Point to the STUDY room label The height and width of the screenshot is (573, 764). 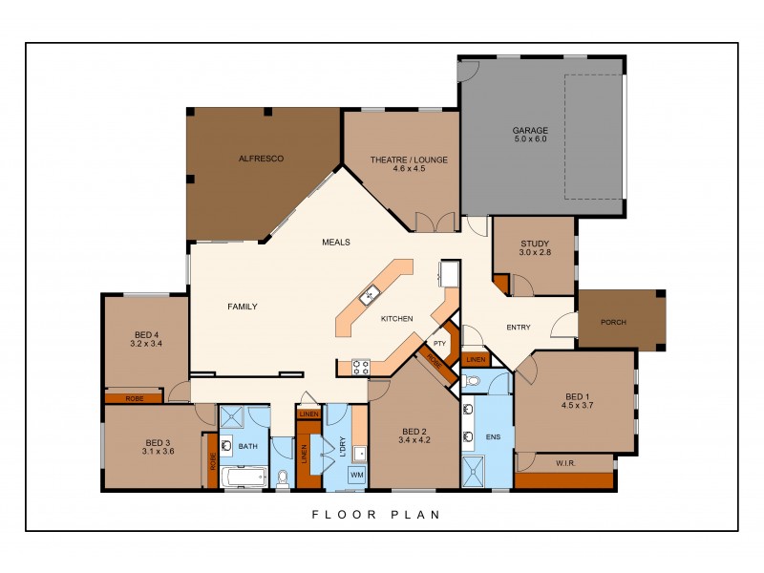pos(536,243)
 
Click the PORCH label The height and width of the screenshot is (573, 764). pos(612,322)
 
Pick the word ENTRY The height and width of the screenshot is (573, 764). pos(518,328)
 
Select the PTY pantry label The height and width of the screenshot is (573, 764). pos(439,343)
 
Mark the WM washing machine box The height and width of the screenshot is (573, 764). pos(356,475)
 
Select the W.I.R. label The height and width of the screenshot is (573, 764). pos(564,464)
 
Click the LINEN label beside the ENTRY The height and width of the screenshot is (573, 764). pos(476,359)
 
